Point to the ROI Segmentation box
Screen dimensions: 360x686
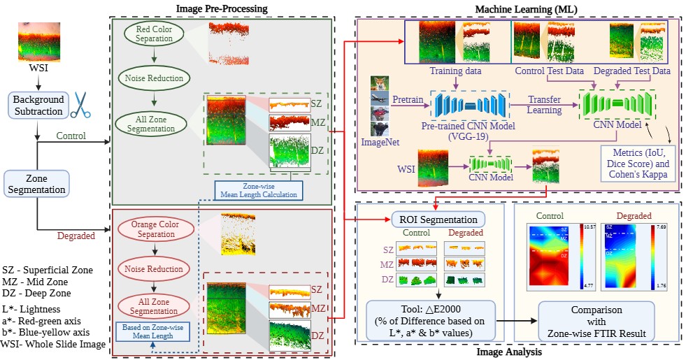pos(438,218)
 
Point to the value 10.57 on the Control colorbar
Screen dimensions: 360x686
pos(589,228)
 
